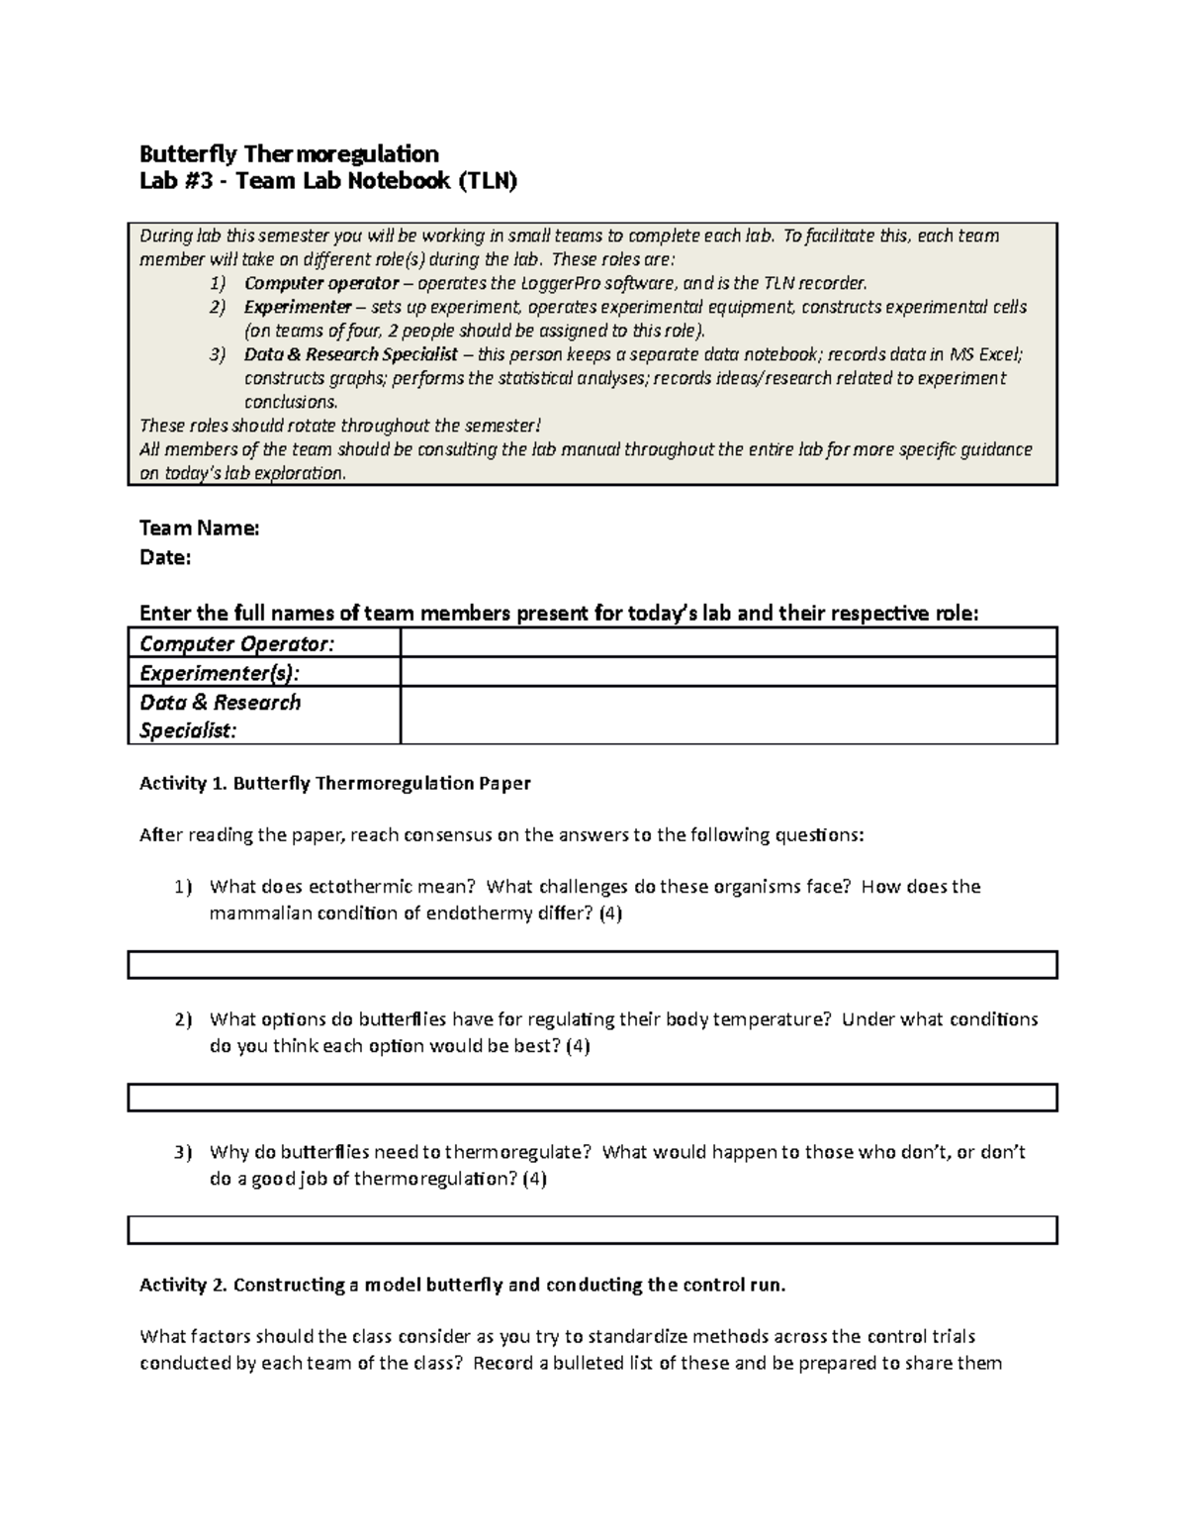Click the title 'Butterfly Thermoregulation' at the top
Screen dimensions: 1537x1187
(289, 153)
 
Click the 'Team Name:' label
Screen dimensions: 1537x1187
(199, 528)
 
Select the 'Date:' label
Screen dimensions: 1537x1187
(165, 557)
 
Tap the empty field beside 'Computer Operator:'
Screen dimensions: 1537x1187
(728, 643)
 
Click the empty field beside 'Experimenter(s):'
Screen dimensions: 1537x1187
(728, 673)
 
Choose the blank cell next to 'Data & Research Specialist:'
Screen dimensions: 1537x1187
(728, 716)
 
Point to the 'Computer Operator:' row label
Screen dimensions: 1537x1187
(237, 643)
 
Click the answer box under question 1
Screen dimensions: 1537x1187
(593, 965)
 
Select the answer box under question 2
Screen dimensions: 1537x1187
(593, 1098)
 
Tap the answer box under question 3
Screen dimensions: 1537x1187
(593, 1230)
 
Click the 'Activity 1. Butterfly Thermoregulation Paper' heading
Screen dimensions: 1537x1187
(335, 783)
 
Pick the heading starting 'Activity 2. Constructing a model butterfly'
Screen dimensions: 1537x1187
(462, 1285)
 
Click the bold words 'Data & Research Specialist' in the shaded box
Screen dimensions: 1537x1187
(351, 354)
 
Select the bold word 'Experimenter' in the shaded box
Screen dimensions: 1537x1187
(298, 307)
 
